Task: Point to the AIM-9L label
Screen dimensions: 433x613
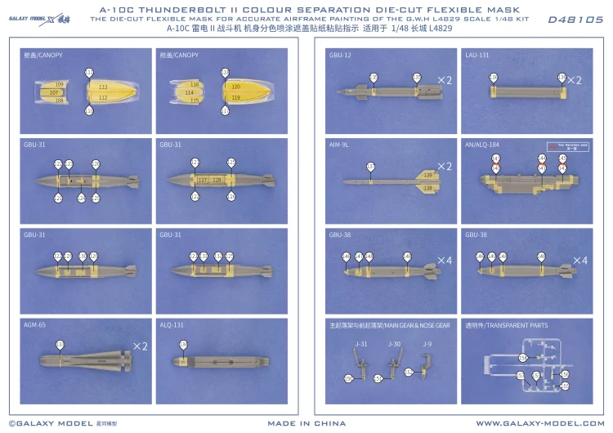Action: click(339, 145)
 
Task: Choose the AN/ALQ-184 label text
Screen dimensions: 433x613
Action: click(481, 145)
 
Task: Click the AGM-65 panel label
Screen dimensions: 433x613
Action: click(35, 324)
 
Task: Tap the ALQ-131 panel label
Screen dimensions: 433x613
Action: click(172, 324)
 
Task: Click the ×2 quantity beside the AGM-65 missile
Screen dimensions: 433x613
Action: click(140, 346)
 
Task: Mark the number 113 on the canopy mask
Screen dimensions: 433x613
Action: click(102, 87)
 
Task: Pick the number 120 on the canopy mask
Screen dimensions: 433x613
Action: click(235, 87)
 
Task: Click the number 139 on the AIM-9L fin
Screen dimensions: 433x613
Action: click(427, 176)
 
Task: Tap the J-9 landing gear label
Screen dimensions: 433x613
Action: click(427, 344)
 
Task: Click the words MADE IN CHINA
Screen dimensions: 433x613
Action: click(306, 423)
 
